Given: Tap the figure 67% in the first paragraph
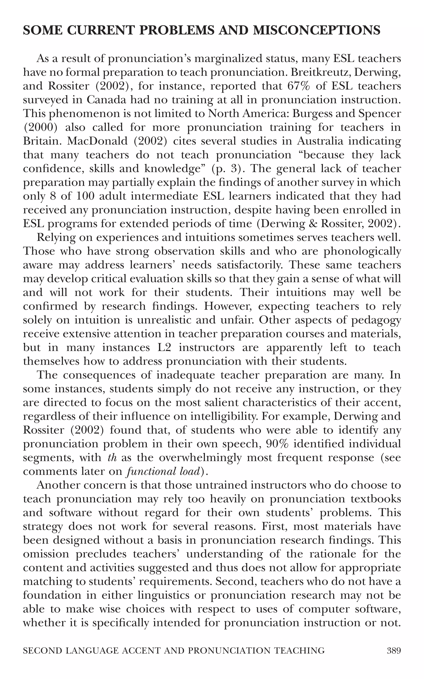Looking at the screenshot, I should [x=299, y=86].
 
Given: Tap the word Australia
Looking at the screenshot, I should [x=320, y=141].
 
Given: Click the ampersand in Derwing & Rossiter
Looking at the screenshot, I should [x=315, y=224].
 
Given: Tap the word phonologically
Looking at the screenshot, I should [x=362, y=251].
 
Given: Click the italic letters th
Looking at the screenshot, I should [x=112, y=457].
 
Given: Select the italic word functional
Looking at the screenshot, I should [x=147, y=471].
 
